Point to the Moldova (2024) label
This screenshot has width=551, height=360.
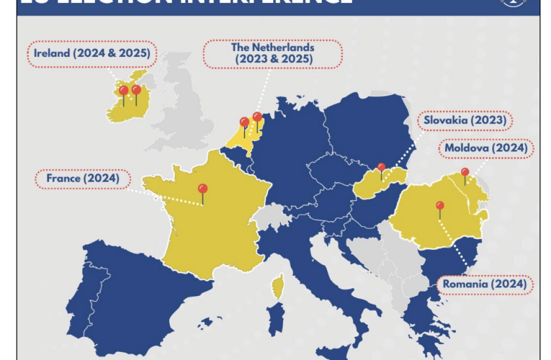[x=487, y=148]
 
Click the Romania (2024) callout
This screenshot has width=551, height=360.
[x=485, y=284]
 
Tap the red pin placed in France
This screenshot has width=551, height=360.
[x=202, y=189]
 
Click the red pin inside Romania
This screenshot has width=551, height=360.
[x=439, y=206]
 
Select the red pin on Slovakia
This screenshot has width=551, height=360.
[x=382, y=168]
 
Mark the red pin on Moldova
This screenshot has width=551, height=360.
[x=465, y=173]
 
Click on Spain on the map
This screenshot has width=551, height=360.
[x=144, y=288]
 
